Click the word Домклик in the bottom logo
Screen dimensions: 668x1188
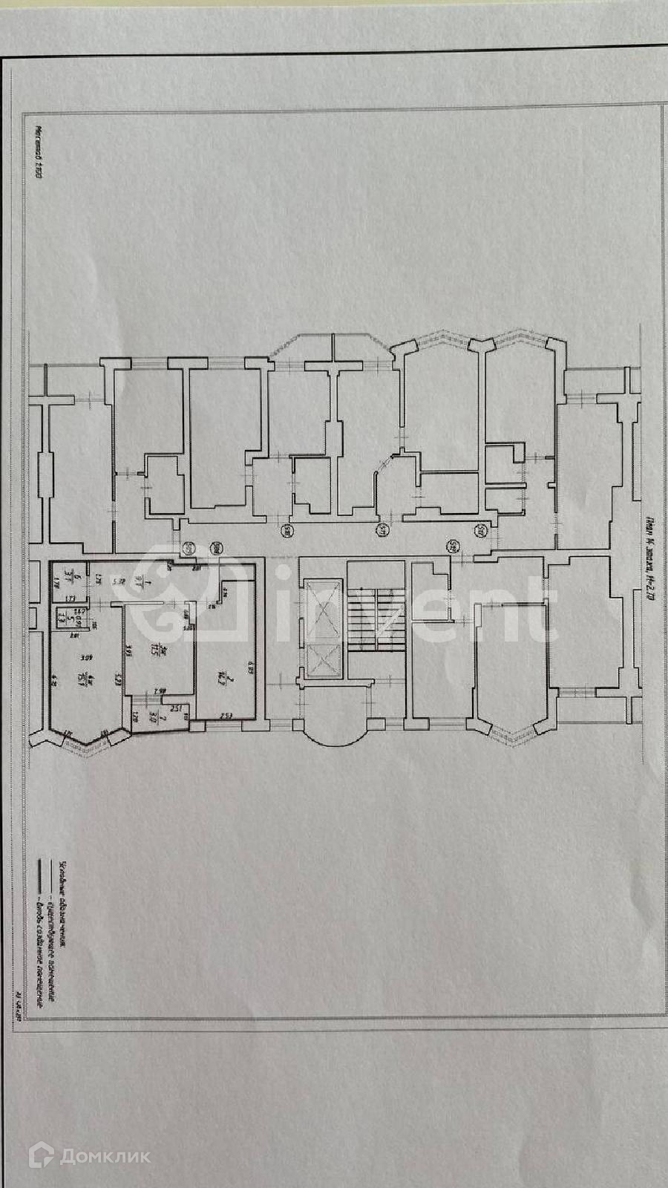click(x=105, y=1156)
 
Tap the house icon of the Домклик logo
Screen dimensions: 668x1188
click(x=42, y=1155)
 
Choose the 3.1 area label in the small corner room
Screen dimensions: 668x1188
click(x=67, y=574)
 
